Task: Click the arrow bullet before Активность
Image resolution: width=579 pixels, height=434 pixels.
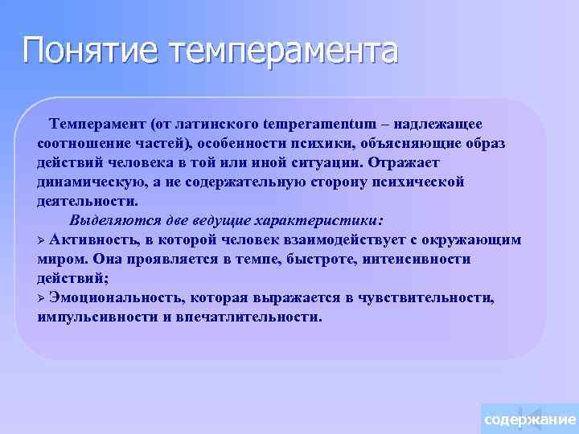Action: pos(43,240)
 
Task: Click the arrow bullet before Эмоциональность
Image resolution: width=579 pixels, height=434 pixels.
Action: pos(43,298)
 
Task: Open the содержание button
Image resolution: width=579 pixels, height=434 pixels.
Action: pos(528,420)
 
